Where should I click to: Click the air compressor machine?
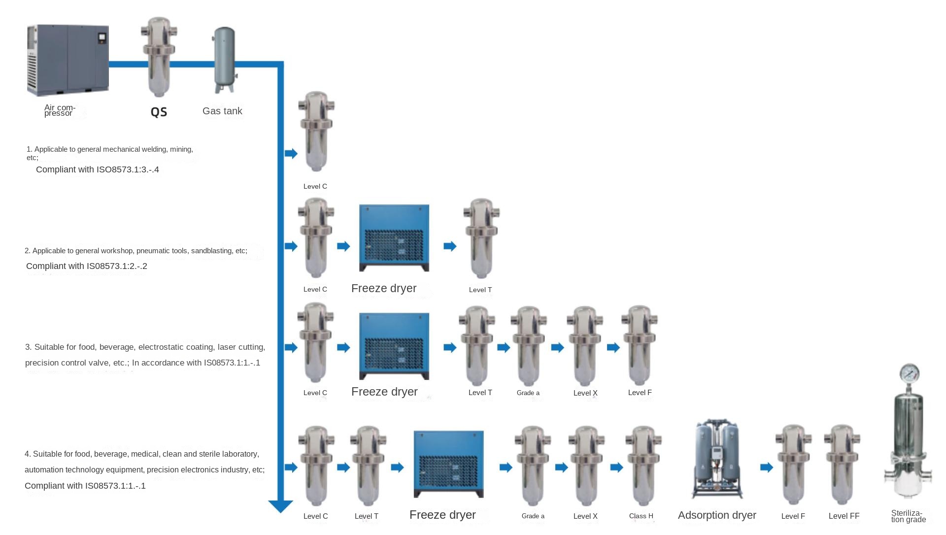(x=68, y=60)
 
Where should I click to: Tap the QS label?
(x=159, y=112)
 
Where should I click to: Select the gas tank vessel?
(x=224, y=59)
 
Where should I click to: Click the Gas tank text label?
(x=222, y=111)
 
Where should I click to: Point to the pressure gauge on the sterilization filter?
(x=909, y=374)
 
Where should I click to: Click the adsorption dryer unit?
(x=717, y=459)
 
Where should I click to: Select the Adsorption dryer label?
(x=717, y=515)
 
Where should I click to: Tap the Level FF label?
(x=844, y=516)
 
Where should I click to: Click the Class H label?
(x=641, y=516)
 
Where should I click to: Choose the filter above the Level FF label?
(x=842, y=465)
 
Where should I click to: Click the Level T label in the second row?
(x=480, y=290)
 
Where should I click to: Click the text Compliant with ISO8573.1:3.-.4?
(x=98, y=170)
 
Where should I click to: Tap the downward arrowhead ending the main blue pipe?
(x=280, y=506)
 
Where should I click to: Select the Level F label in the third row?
(x=640, y=393)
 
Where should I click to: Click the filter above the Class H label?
(x=643, y=466)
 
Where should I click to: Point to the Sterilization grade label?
(x=908, y=516)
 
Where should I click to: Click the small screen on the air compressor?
(x=102, y=37)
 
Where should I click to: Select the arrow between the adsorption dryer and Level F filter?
(x=767, y=468)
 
